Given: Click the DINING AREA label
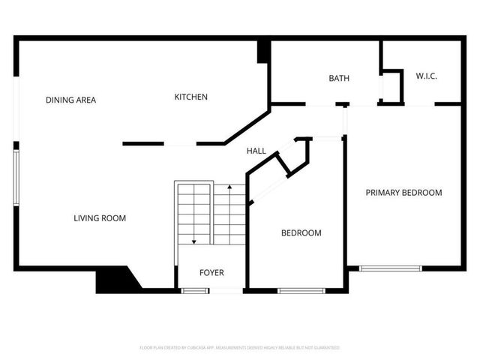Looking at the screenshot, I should (x=70, y=100).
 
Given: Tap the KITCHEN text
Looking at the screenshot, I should (x=191, y=97).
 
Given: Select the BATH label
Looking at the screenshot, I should (x=339, y=78).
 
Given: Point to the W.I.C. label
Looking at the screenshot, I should (x=426, y=76).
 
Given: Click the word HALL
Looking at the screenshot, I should (x=256, y=151).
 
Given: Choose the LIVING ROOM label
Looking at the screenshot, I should (x=100, y=218).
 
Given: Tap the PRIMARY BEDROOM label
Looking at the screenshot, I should (x=403, y=193).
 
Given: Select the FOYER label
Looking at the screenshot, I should (x=211, y=272).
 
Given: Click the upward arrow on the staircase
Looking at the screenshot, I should (x=229, y=187).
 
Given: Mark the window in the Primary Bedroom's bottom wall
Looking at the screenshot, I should (x=390, y=268).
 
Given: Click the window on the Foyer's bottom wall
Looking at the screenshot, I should (x=195, y=290).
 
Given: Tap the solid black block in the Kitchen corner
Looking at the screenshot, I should (x=263, y=52).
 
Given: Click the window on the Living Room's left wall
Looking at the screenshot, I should (x=16, y=177).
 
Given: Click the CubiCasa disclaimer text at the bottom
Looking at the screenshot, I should (x=240, y=348).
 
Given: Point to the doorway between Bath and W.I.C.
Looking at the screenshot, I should (x=380, y=88).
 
